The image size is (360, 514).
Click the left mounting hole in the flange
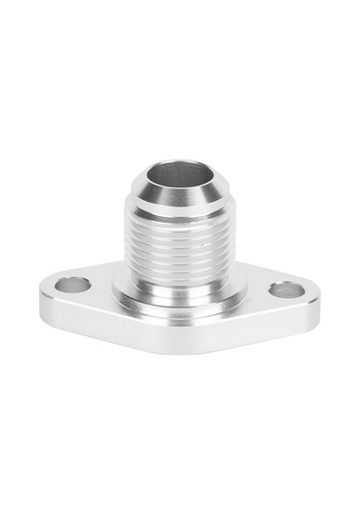pyautogui.click(x=73, y=285)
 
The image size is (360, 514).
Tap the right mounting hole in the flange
pyautogui.click(x=286, y=289)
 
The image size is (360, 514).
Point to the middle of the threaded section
pyautogui.click(x=179, y=255)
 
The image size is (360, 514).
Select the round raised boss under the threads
pyautogui.click(x=179, y=293)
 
